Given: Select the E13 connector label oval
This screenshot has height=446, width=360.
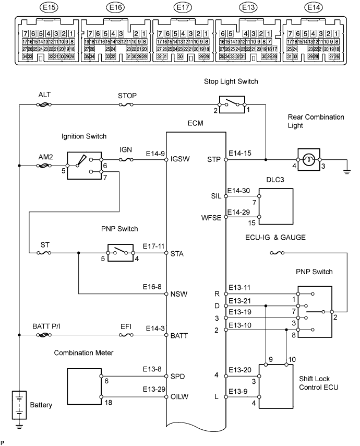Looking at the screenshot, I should coord(248,8).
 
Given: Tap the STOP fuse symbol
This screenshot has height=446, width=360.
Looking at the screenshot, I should coord(125,105).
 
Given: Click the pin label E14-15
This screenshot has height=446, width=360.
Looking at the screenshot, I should coord(240,154).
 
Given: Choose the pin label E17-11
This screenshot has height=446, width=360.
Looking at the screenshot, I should coord(154,247).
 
